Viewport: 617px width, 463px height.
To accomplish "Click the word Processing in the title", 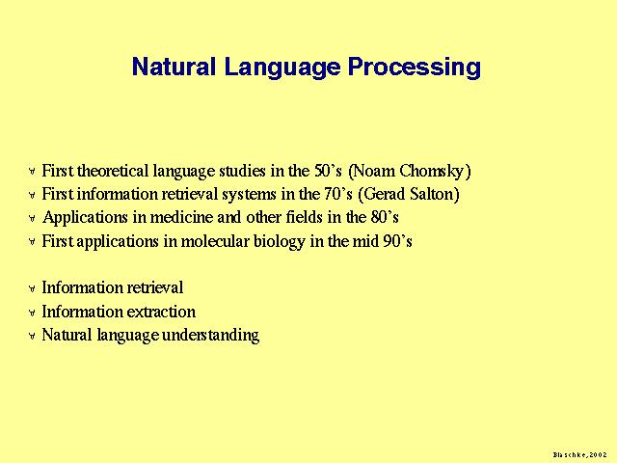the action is pyautogui.click(x=415, y=67).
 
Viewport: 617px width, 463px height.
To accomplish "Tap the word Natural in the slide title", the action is pyautogui.click(x=174, y=67).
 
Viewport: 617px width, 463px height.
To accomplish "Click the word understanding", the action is pyautogui.click(x=210, y=336).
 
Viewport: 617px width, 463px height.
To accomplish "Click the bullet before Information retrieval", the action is pyautogui.click(x=32, y=289).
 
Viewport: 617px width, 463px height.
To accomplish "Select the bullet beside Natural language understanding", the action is pyautogui.click(x=32, y=336).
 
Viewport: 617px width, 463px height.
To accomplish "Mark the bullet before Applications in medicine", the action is pyautogui.click(x=32, y=218).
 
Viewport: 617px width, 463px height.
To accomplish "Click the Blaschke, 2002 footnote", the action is pyautogui.click(x=579, y=454).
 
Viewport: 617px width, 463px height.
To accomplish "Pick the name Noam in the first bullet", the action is pyautogui.click(x=374, y=171).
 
